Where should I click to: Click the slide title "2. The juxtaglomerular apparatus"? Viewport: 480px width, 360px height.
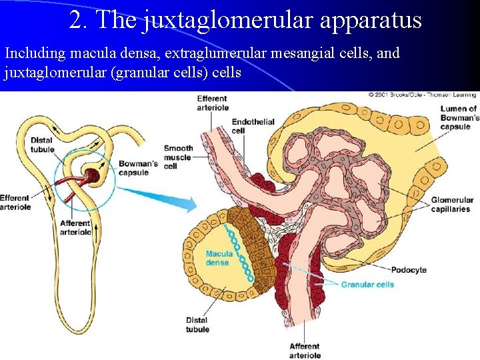pyautogui.click(x=245, y=19)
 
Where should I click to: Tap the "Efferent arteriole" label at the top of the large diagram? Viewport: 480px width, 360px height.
pyautogui.click(x=212, y=103)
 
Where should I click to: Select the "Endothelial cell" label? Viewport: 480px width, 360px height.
pyautogui.click(x=253, y=126)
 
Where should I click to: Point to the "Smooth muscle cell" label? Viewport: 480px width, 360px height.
pyautogui.click(x=178, y=157)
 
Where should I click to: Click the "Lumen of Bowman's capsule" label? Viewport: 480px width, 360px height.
pyautogui.click(x=458, y=117)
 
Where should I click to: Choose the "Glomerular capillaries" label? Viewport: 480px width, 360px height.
pyautogui.click(x=451, y=205)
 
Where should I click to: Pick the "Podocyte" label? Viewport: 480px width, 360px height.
pyautogui.click(x=409, y=270)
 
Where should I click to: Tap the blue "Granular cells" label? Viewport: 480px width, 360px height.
pyautogui.click(x=367, y=285)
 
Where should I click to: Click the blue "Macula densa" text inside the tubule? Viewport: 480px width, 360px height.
pyautogui.click(x=219, y=258)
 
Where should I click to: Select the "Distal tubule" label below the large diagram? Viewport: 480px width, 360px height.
pyautogui.click(x=197, y=325)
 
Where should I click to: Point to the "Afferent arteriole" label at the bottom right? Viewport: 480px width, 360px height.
pyautogui.click(x=305, y=351)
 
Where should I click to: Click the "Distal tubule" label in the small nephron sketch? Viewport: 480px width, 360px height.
pyautogui.click(x=42, y=145)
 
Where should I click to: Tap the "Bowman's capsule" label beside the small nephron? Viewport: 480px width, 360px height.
pyautogui.click(x=138, y=169)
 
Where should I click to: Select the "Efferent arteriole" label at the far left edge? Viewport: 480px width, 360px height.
pyautogui.click(x=15, y=202)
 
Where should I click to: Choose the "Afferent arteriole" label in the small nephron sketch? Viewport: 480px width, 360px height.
pyautogui.click(x=75, y=227)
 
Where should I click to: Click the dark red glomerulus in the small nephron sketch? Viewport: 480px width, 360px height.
pyautogui.click(x=91, y=177)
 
